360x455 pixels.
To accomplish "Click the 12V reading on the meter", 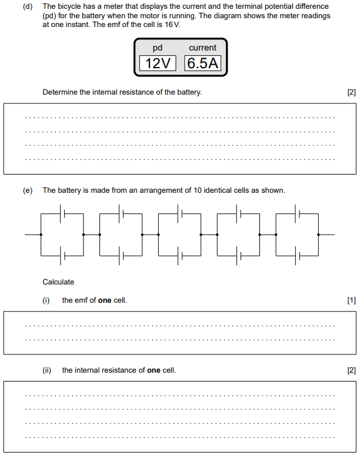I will [x=158, y=63].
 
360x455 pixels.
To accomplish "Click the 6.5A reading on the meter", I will [x=203, y=63].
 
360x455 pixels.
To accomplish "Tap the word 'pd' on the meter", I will [x=157, y=48].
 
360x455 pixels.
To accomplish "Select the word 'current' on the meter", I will [x=202, y=48].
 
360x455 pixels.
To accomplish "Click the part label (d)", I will [x=27, y=6].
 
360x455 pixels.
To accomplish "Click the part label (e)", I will [x=27, y=190].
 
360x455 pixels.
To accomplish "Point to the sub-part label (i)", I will [x=46, y=300].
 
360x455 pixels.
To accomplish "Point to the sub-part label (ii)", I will [x=47, y=370].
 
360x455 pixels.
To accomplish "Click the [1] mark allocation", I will [x=352, y=300].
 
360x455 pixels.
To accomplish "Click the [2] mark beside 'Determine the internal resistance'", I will [x=352, y=92].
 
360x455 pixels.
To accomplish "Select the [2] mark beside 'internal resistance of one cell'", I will [x=352, y=370].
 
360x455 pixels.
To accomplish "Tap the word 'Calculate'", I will [x=58, y=282].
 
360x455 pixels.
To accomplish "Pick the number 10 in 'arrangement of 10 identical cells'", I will [x=195, y=190].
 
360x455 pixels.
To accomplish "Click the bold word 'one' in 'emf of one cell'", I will [x=105, y=300].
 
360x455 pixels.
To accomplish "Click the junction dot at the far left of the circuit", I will [x=41, y=235].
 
